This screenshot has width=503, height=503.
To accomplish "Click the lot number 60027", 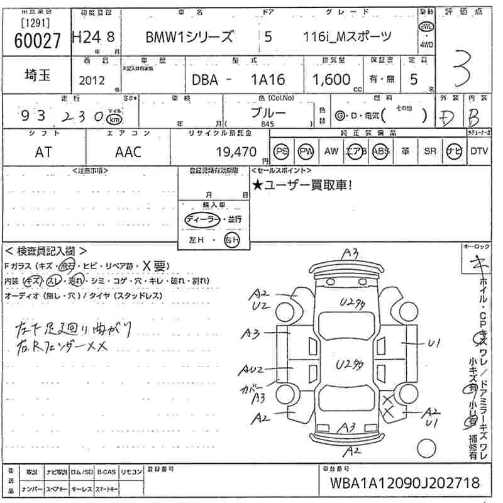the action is click(x=37, y=40).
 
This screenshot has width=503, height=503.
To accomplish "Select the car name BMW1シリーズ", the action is click(x=189, y=37).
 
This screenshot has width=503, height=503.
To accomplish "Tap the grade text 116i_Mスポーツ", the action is click(x=347, y=36).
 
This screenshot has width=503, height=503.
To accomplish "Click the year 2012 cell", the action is click(x=92, y=80).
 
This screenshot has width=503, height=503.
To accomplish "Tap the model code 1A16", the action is click(x=267, y=80).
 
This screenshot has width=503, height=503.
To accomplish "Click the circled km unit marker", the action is click(x=114, y=118).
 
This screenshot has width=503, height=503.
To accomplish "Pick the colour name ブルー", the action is click(x=268, y=113).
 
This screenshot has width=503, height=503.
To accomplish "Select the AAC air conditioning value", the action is click(x=128, y=152).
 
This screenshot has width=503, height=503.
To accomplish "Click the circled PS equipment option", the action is click(x=281, y=151).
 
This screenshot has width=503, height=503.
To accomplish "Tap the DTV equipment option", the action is click(x=479, y=151).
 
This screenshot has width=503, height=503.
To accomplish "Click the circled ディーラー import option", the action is click(x=202, y=219).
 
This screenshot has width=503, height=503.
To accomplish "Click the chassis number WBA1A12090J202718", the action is click(x=404, y=484).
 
